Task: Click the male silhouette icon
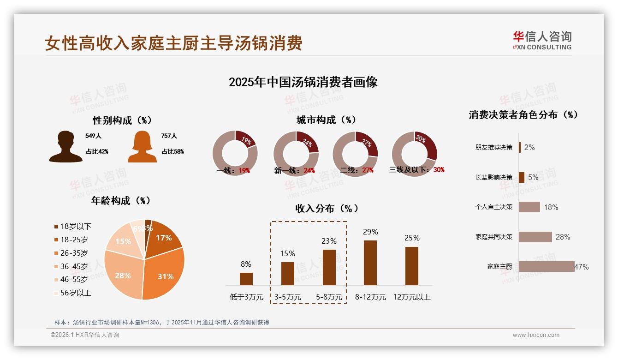(x=65, y=147)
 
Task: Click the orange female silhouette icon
(x=142, y=147)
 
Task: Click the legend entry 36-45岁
(x=74, y=266)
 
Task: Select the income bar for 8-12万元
(x=370, y=263)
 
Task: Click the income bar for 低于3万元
(x=246, y=279)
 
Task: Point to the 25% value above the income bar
(x=412, y=238)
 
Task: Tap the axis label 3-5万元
(x=288, y=297)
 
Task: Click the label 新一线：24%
(x=294, y=171)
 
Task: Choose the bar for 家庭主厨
(x=546, y=266)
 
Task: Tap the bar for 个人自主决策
(x=529, y=207)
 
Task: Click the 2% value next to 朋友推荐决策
(x=529, y=148)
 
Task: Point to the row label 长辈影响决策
(x=493, y=177)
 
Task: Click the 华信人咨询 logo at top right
(x=542, y=40)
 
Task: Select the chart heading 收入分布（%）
(x=327, y=208)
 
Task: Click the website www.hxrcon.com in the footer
(x=536, y=335)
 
